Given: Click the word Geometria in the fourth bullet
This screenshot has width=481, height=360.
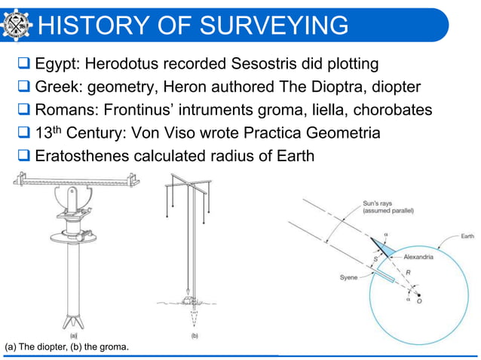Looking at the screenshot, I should pos(339,135).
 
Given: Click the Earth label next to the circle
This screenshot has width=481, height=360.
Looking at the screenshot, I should pos(468,236).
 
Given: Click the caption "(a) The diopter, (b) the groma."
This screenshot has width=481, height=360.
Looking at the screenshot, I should pos(66,346).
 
